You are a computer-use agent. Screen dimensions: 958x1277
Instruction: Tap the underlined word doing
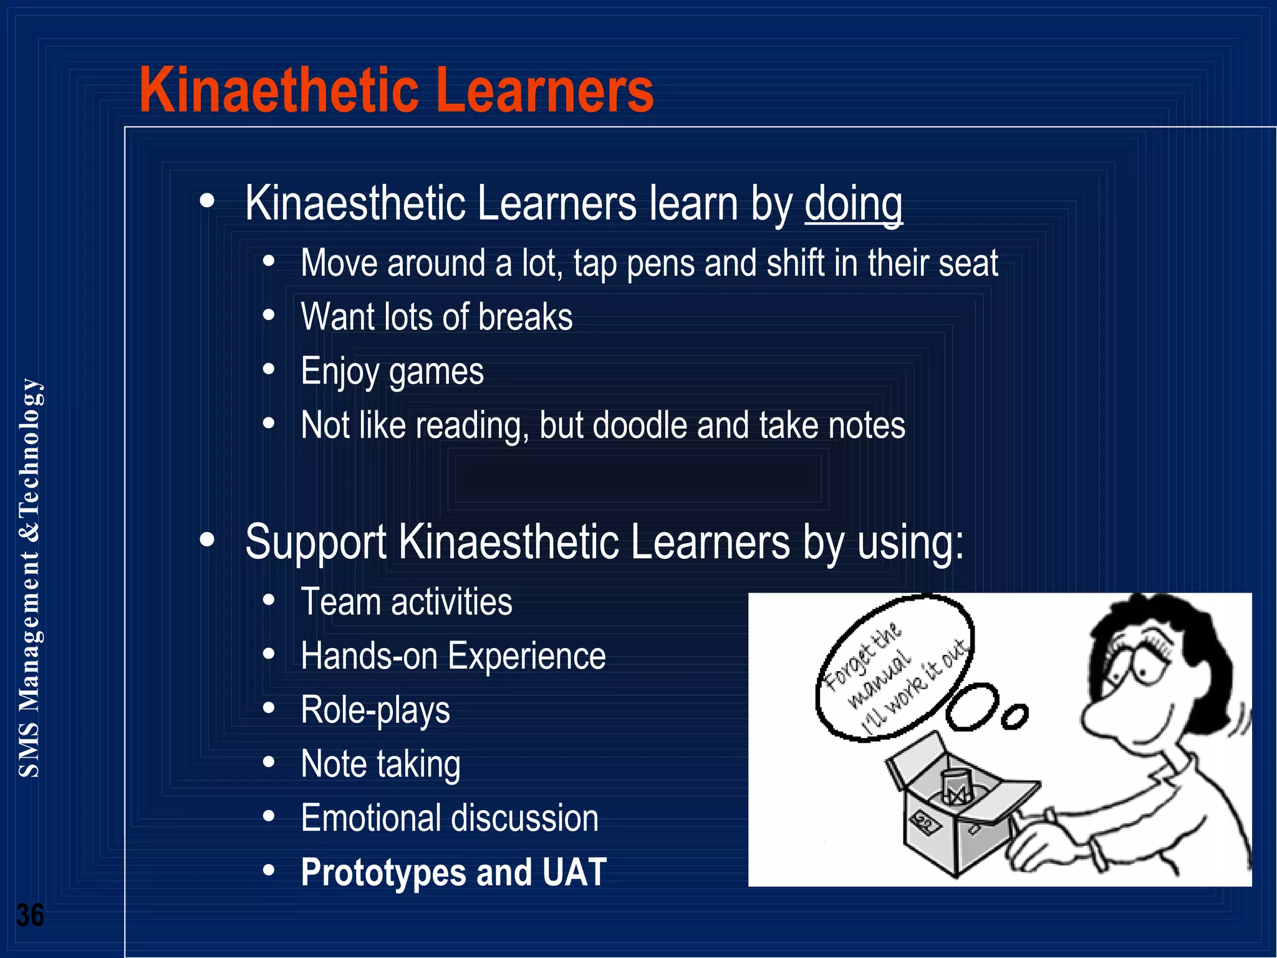pos(853,204)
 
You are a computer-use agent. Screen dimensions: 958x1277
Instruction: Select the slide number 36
pos(29,915)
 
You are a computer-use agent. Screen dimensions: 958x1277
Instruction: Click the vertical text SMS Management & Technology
pos(29,577)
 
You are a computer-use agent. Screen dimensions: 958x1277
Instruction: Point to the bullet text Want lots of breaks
pos(436,317)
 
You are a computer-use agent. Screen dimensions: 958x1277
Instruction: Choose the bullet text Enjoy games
pos(392,372)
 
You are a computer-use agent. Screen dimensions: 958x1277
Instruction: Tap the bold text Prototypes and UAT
pos(453,872)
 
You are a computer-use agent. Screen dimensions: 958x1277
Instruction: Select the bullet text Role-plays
pos(375,710)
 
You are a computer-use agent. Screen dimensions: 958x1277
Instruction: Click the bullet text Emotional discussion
pos(449,818)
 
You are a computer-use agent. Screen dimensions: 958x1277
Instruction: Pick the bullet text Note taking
pos(380,764)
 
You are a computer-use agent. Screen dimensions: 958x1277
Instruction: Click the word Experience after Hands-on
pos(526,656)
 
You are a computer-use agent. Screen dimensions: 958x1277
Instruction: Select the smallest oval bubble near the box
pos(1014,717)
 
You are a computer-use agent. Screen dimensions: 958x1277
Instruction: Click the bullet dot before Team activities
pos(269,601)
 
